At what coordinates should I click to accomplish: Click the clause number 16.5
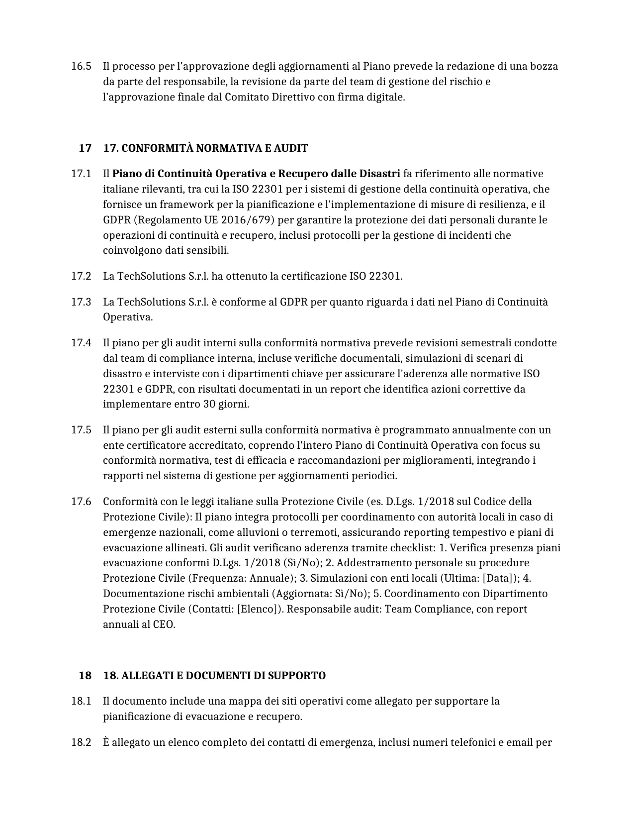(81, 66)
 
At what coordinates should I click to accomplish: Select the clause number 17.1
(81, 174)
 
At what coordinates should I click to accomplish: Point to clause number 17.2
(81, 276)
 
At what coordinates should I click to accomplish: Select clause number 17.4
(81, 343)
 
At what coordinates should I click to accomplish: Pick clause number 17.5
(81, 430)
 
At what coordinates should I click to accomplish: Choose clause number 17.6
(81, 502)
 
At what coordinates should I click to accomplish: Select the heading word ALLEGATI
(143, 676)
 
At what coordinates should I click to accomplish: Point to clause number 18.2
(81, 743)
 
